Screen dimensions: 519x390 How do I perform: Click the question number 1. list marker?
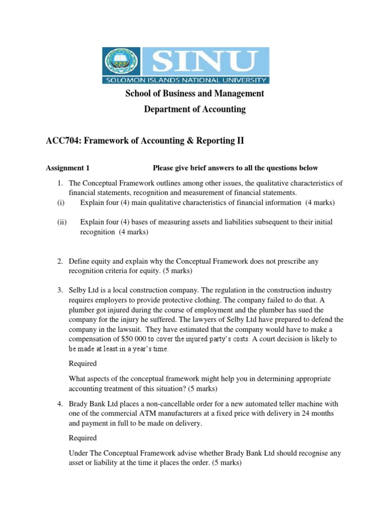(x=59, y=183)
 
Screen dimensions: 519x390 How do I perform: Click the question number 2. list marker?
(x=59, y=261)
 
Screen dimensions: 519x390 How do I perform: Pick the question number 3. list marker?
(x=59, y=290)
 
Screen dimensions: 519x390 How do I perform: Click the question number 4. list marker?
(x=59, y=404)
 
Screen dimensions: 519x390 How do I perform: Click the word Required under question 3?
(x=82, y=363)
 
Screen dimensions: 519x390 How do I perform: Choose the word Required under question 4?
(x=82, y=438)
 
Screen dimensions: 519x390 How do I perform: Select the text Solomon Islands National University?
(x=186, y=80)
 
